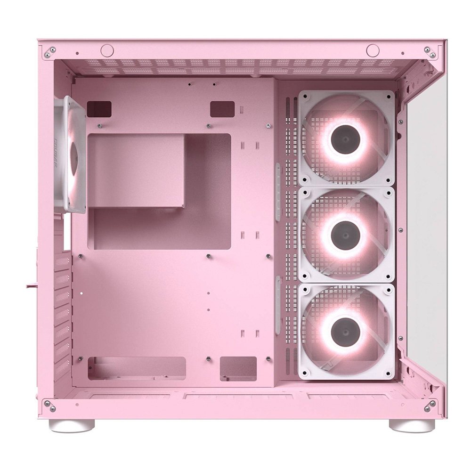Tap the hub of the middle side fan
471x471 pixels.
click(x=346, y=235)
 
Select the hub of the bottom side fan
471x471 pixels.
click(x=346, y=331)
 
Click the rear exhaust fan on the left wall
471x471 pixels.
click(x=71, y=154)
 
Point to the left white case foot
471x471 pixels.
click(x=72, y=426)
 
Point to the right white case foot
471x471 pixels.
click(x=412, y=426)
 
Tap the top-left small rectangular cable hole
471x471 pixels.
click(x=99, y=109)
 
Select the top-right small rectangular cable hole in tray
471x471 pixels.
click(x=222, y=109)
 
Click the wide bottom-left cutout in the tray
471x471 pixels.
click(x=137, y=368)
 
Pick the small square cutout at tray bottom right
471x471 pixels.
click(x=238, y=368)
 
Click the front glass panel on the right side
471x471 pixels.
click(x=426, y=226)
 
